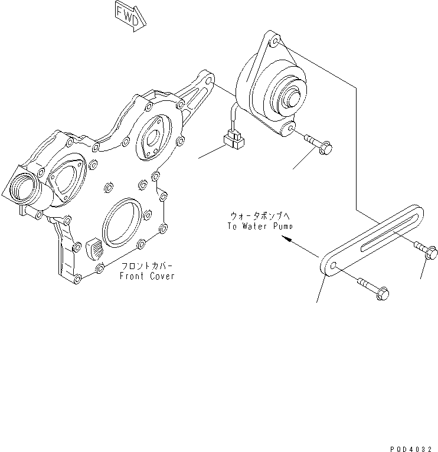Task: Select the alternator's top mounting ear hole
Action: [276, 42]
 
